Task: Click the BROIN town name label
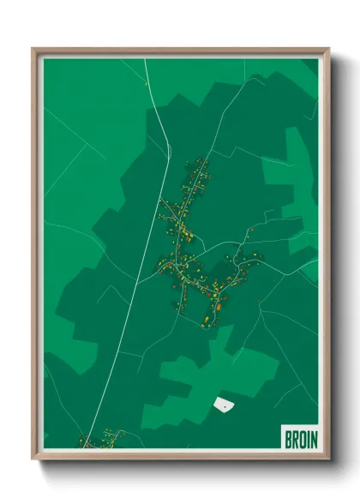pos(300,439)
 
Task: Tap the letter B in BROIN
pos(287,439)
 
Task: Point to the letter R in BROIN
pos(294,439)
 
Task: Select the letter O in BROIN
pos(301,439)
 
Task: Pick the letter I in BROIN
pos(307,439)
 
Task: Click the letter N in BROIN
pos(313,439)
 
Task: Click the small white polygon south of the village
pos(223,403)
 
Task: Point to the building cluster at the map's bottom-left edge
pos(99,440)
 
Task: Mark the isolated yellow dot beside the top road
pos(147,85)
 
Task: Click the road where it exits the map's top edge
pos(145,60)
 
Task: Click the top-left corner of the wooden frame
pos(34,50)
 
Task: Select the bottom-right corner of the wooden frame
pos(328,459)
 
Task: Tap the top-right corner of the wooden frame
pos(328,50)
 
